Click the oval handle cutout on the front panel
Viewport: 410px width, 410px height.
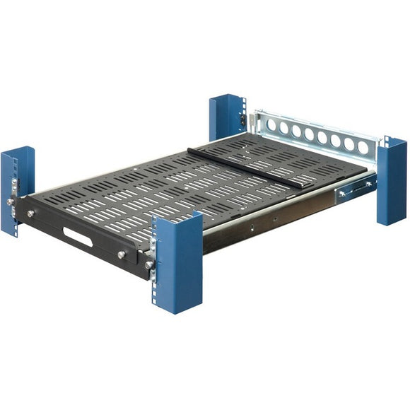click(x=78, y=237)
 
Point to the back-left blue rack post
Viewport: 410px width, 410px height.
click(x=226, y=117)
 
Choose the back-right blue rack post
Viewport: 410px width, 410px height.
click(x=391, y=180)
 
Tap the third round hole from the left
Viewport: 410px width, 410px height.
click(x=297, y=131)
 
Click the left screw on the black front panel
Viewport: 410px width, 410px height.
click(x=31, y=213)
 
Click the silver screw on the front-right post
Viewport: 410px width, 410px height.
click(x=149, y=265)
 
